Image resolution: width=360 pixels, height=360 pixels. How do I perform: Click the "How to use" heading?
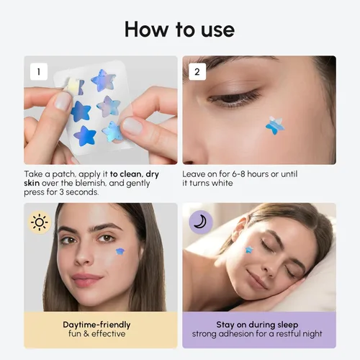pos(179,29)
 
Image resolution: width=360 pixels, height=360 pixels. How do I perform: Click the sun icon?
pos(39,222)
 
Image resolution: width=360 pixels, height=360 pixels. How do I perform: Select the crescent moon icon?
pos(200,222)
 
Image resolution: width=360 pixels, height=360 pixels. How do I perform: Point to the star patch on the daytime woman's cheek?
pos(120,251)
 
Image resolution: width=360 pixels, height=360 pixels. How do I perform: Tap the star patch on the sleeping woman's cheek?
pos(249,250)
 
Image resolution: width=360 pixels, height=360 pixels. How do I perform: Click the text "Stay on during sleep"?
pos(257,325)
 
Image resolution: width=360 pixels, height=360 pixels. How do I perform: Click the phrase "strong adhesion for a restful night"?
pos(257,334)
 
